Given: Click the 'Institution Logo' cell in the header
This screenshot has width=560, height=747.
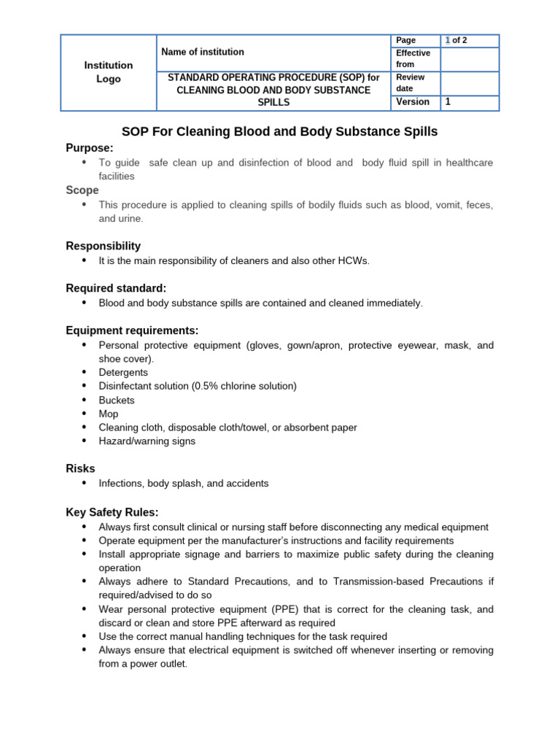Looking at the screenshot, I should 109,72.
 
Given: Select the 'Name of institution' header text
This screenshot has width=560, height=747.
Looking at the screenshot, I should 203,52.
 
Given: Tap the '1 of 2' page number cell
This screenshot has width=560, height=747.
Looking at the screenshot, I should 456,41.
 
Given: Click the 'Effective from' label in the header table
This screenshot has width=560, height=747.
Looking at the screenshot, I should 413,58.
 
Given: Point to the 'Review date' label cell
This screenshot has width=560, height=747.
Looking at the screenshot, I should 410,82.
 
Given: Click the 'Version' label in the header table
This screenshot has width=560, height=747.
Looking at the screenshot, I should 413,102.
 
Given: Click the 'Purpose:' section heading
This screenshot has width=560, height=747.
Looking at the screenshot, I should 90,148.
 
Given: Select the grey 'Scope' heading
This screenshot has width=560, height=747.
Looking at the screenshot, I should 82,190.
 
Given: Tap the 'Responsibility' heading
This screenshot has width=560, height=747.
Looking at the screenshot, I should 103,246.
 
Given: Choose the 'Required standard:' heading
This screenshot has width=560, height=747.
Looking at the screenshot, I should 116,288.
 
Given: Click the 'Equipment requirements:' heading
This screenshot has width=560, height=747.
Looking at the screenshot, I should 132,330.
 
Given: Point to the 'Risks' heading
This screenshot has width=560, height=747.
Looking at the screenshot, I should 80,468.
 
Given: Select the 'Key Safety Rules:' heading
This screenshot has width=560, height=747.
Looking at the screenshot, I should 112,512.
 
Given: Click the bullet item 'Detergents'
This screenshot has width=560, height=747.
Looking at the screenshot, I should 123,372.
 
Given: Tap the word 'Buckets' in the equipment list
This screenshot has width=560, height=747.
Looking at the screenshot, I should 117,400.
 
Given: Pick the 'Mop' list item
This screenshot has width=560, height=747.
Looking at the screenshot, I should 108,414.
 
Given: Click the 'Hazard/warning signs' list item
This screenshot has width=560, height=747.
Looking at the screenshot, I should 147,441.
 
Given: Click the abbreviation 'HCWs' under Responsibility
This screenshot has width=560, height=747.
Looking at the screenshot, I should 354,260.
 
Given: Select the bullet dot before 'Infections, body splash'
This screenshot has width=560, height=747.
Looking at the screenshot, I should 84,483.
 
